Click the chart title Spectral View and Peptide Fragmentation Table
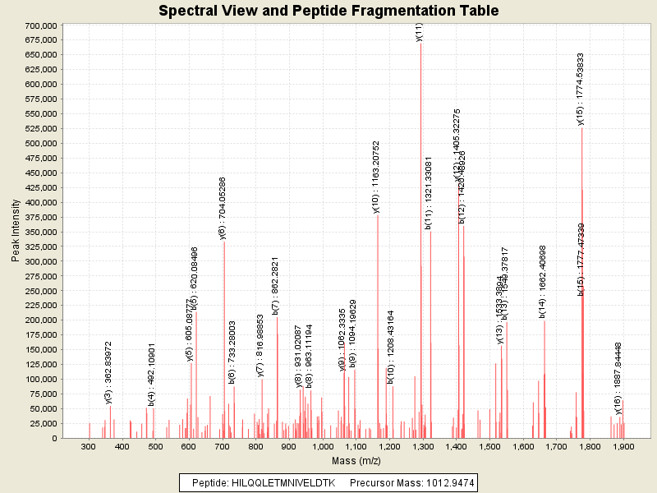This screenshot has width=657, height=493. tap(328, 11)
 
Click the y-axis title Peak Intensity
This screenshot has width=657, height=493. tap(16, 232)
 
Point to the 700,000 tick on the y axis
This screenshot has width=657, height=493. tap(39, 25)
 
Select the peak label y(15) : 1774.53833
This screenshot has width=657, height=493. tap(581, 90)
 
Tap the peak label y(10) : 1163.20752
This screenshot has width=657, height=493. tap(376, 177)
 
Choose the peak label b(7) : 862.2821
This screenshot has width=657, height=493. tap(276, 286)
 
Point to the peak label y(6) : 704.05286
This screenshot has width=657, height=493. tap(222, 208)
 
